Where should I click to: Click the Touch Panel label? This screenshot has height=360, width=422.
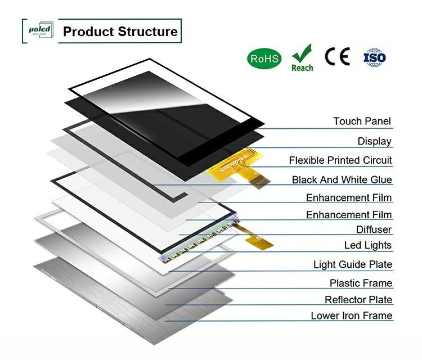tap(361, 121)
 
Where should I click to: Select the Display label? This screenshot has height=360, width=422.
tap(374, 141)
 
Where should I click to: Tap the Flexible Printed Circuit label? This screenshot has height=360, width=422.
tap(340, 160)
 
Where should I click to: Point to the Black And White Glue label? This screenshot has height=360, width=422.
tap(342, 180)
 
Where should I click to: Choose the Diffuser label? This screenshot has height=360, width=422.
tap(374, 229)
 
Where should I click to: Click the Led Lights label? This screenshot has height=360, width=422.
tap(367, 246)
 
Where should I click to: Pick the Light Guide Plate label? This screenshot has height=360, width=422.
tap(352, 264)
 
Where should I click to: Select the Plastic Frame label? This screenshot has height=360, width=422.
tap(361, 283)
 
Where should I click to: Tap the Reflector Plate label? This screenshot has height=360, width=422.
tap(358, 300)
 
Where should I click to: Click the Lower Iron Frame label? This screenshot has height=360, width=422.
tap(351, 316)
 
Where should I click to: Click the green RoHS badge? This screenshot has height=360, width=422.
tap(264, 58)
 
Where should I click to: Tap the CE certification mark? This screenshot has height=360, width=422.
tap(337, 56)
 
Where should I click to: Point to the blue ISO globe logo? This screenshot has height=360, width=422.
tap(375, 57)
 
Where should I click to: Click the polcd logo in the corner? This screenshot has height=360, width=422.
tap(39, 30)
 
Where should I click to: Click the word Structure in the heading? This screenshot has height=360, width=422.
tap(148, 31)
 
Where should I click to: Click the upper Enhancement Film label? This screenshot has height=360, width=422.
tap(349, 198)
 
